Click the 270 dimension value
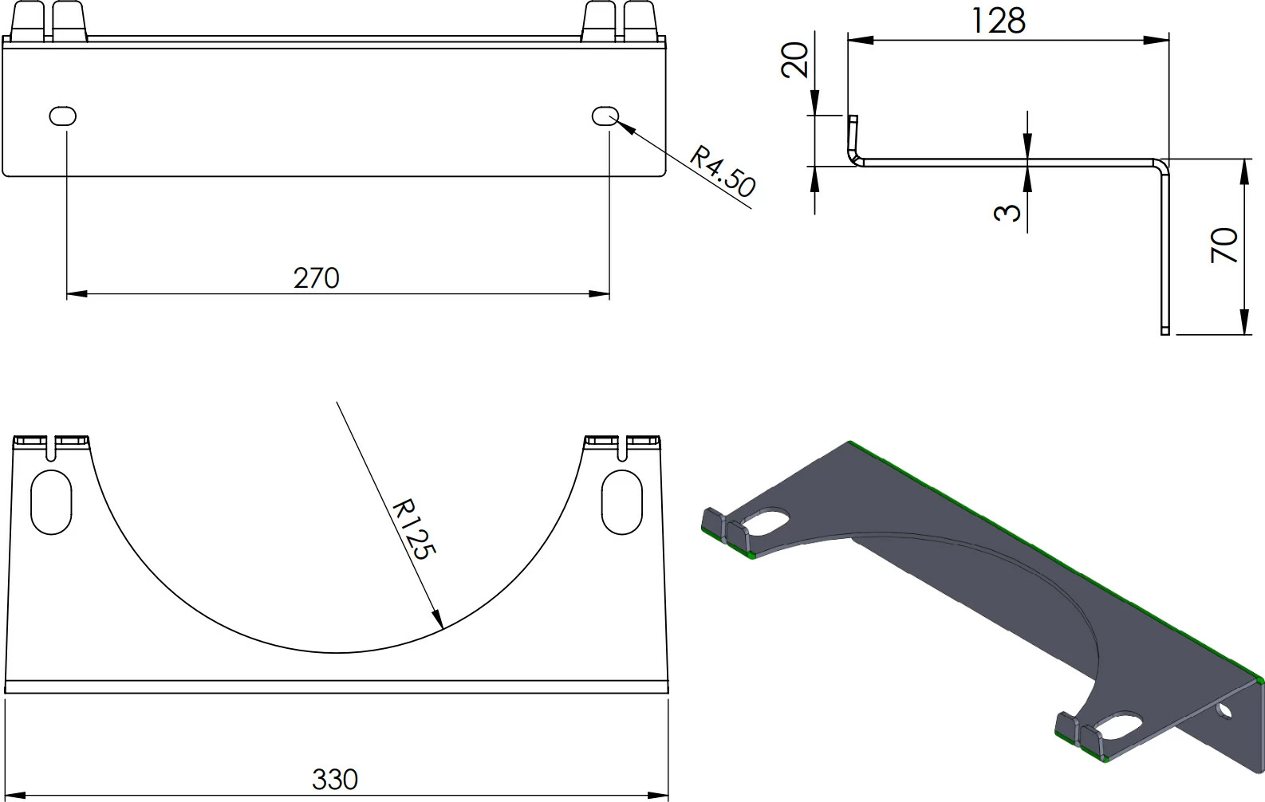[316, 277]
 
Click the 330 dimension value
[334, 779]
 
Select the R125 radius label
[415, 529]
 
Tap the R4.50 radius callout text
[722, 171]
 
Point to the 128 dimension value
[997, 21]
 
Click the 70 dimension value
[1224, 245]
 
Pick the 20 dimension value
[795, 59]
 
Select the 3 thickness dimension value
[1008, 211]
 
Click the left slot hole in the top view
[63, 116]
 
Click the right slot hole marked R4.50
[605, 116]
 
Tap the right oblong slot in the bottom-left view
[621, 502]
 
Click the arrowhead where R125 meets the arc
[438, 619]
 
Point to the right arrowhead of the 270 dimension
[601, 294]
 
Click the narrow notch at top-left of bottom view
[52, 450]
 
